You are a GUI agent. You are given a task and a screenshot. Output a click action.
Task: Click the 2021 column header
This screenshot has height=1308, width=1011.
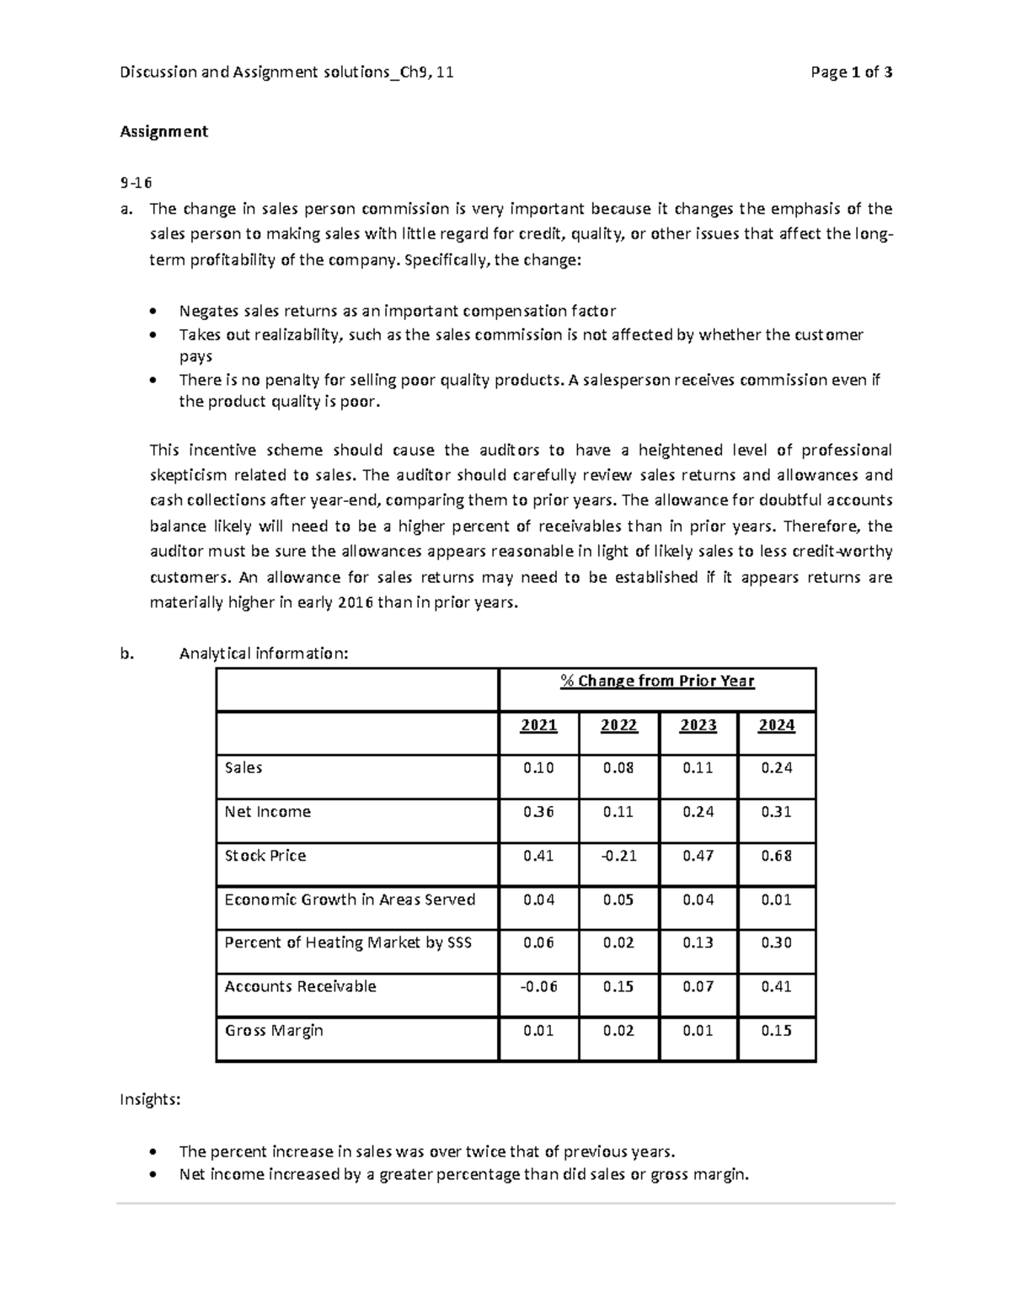point(538,725)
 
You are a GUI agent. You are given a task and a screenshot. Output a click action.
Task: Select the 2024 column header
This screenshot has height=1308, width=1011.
point(776,725)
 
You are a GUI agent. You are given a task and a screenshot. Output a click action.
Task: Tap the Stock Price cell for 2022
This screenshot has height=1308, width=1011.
point(618,856)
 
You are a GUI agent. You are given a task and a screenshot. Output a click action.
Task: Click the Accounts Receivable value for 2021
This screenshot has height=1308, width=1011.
point(538,986)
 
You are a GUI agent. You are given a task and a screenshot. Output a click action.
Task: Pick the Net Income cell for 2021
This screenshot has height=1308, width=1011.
point(538,812)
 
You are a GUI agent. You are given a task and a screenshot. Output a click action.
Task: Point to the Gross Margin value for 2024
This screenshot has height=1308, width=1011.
point(776,1030)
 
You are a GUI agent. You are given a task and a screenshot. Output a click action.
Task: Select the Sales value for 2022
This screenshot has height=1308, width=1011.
point(618,768)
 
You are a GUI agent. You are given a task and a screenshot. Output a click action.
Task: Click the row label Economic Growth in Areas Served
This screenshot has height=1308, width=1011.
point(350,900)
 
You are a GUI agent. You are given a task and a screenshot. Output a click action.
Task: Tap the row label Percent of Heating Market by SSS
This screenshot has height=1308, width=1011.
point(348,942)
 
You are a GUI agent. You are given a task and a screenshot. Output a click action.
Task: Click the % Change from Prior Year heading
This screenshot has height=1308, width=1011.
point(657,681)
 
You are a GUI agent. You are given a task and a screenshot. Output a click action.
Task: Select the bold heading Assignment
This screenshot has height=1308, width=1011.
point(163,131)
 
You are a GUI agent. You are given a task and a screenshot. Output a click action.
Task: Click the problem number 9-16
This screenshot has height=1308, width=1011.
point(136,183)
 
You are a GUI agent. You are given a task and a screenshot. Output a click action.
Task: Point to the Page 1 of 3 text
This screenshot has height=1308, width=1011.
point(851,72)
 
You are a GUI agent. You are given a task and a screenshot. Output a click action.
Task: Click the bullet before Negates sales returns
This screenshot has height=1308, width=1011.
point(152,311)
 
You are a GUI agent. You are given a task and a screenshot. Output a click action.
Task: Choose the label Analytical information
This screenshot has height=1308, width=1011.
point(263,654)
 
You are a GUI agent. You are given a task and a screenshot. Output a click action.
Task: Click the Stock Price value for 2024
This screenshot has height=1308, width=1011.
point(776,856)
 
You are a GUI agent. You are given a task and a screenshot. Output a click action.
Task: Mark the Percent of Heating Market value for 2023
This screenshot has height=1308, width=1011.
point(698,942)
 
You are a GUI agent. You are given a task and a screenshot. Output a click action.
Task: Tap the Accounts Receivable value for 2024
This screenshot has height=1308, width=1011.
point(776,986)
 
